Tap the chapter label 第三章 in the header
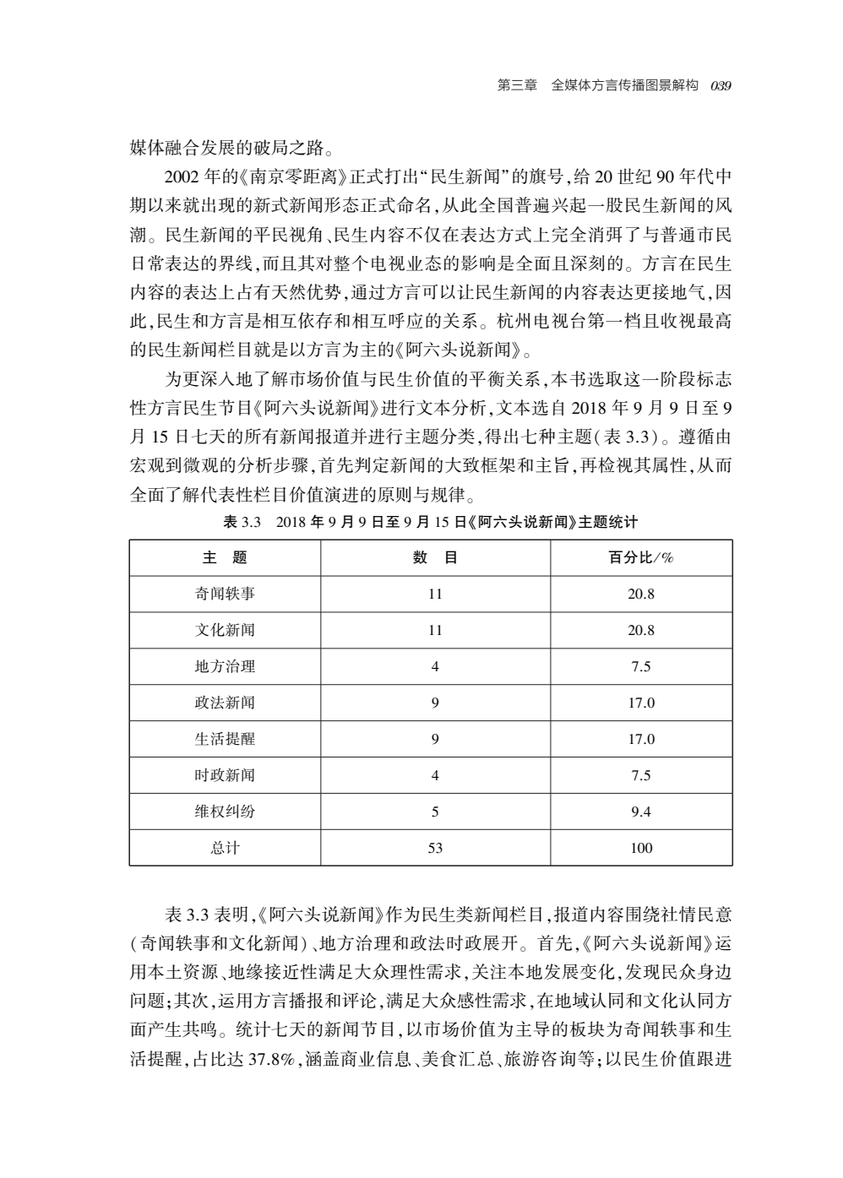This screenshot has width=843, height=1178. coord(518,85)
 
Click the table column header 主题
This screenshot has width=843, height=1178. coord(225,557)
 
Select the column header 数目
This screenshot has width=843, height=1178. coord(435,557)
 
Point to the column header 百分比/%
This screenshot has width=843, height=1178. coord(641,557)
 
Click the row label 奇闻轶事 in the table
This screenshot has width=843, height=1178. coord(225,594)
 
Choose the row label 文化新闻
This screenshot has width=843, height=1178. coord(225,630)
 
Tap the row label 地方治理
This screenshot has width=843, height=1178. coord(225,666)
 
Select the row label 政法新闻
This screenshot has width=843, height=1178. coord(225,703)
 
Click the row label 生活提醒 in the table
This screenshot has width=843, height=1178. coord(225,739)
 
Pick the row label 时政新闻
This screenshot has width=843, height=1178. coord(225,775)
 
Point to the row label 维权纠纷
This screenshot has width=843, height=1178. coord(225,812)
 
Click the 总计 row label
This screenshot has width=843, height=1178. coord(225,848)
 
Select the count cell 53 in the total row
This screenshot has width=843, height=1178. coord(435,848)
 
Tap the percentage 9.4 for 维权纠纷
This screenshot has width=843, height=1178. coord(641,812)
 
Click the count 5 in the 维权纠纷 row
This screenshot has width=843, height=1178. coord(435,812)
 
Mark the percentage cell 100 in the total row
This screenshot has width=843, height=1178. coord(641,848)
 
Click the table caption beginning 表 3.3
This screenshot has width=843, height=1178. coord(430,523)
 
